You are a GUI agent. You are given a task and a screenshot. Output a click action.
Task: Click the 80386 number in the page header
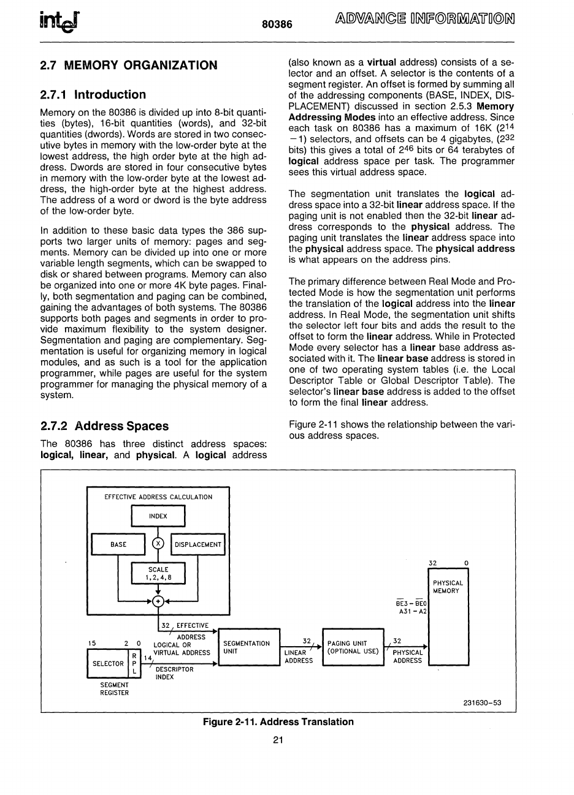click(277, 23)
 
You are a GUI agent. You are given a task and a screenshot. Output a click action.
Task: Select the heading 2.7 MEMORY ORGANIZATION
click(128, 65)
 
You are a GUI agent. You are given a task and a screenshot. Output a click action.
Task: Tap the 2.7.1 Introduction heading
click(93, 94)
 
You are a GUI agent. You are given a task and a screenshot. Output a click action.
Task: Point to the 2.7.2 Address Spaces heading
click(104, 426)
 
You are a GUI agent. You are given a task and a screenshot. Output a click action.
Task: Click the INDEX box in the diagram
click(158, 516)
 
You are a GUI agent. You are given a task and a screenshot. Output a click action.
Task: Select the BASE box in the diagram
click(118, 544)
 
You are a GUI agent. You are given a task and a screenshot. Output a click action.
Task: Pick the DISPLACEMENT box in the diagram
click(198, 544)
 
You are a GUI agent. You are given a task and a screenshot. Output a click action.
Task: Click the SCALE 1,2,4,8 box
click(158, 573)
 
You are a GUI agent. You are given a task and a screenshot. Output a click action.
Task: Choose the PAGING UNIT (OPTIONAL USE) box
click(353, 647)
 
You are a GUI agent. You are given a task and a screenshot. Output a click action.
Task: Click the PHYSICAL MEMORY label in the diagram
click(448, 587)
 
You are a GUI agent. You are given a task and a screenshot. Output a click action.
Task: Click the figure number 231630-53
click(483, 703)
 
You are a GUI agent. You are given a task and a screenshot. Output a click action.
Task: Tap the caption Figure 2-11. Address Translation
click(278, 722)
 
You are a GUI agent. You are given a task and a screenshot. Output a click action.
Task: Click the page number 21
click(277, 740)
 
